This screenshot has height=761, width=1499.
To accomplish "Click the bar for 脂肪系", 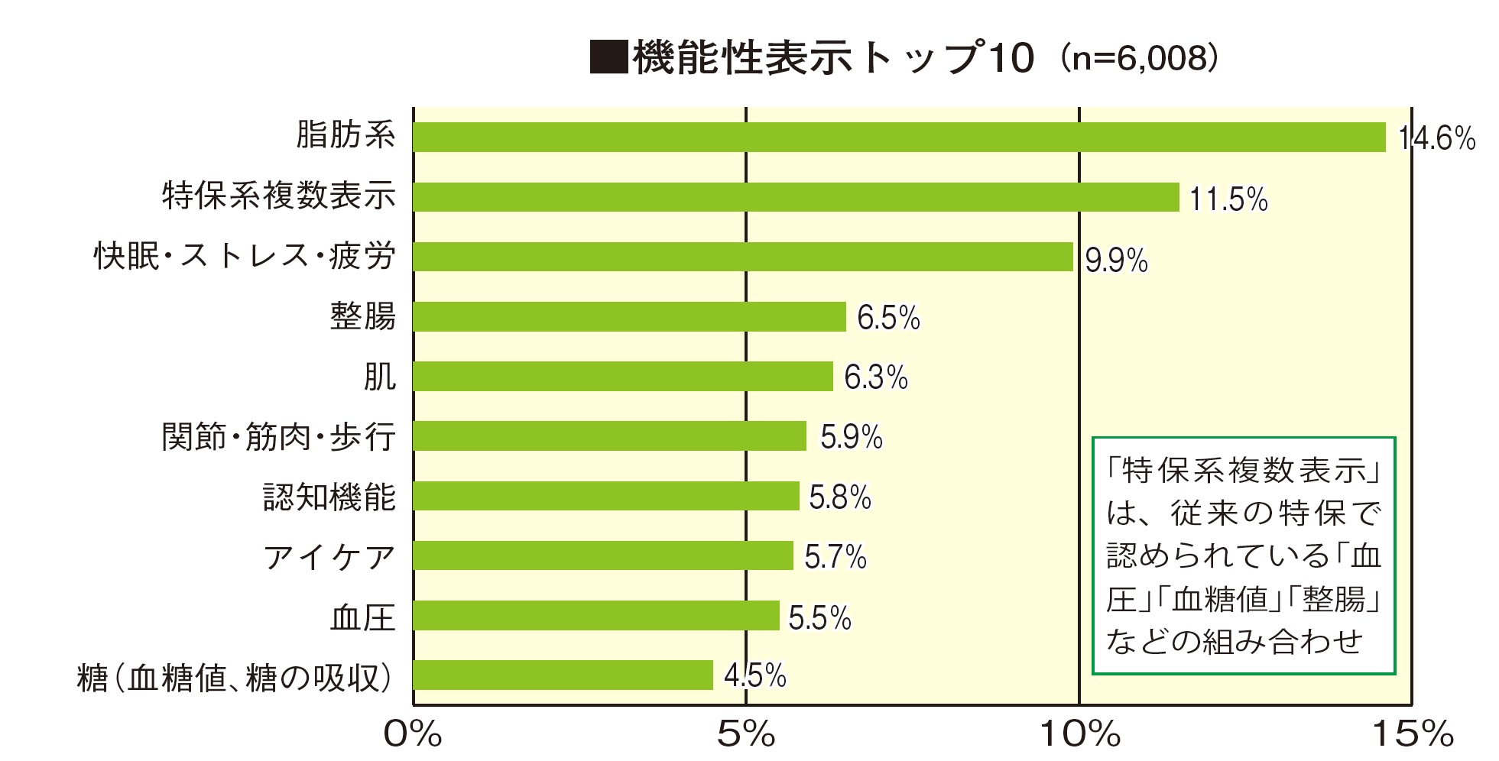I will point(899,138).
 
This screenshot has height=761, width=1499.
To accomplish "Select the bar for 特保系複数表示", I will point(796,197).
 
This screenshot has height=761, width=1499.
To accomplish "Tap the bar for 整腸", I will point(629,317).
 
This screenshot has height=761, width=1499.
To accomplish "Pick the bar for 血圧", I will point(596,616).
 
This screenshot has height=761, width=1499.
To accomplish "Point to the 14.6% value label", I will point(1436,139).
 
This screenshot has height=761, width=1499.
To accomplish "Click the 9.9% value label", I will point(1116,261).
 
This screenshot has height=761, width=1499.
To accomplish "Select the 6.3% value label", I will point(876,377).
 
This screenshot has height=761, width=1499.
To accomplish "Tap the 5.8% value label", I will point(840,497).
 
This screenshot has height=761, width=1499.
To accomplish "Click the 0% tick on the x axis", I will point(413,735).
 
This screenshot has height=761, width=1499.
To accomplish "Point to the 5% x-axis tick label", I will point(746,735).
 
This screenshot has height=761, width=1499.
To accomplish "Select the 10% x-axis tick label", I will point(1079,735).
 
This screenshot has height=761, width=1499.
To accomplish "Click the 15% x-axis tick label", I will point(1413,735).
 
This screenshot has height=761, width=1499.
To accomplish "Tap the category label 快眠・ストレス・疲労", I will point(245,257).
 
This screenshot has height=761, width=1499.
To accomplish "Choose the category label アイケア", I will point(329,557).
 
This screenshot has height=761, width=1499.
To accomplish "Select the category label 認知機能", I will point(329,497).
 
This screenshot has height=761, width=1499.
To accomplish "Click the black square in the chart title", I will point(608,57).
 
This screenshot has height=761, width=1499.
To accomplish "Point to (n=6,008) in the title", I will point(1138,58).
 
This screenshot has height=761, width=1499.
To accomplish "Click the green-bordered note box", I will point(1244,555).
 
